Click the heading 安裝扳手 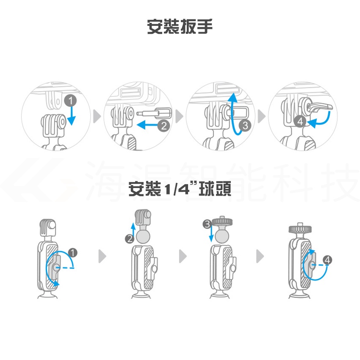(x=180, y=27)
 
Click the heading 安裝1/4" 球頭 (x=180, y=189)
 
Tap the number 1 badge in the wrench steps (x=70, y=100)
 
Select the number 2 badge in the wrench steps (x=164, y=126)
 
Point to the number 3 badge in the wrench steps (x=245, y=125)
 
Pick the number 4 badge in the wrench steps (x=300, y=121)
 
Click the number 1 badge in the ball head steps (x=73, y=252)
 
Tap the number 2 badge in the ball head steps (x=130, y=239)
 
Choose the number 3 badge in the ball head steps (x=208, y=224)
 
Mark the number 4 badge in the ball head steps (x=327, y=260)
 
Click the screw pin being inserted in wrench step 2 (x=154, y=114)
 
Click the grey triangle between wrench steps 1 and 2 (x=97, y=116)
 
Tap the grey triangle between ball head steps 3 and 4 (x=260, y=256)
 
